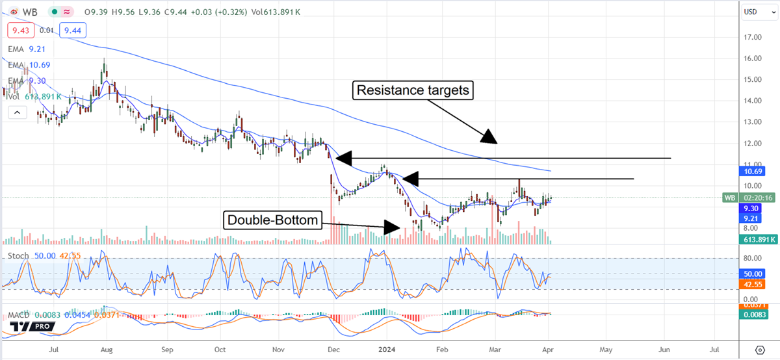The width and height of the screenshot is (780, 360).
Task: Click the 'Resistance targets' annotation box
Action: (x=412, y=90)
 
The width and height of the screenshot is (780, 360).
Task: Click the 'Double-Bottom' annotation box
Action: (x=272, y=220)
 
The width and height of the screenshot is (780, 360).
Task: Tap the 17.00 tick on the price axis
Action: (x=753, y=37)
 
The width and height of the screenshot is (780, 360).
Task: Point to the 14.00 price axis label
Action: (x=753, y=101)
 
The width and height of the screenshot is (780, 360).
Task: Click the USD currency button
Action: (x=752, y=11)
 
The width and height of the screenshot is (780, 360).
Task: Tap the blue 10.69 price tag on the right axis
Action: (x=752, y=172)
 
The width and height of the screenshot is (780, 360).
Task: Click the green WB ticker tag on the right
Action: (x=730, y=197)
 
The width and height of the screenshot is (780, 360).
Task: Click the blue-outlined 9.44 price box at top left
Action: (x=72, y=30)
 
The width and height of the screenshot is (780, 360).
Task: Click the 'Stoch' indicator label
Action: (x=18, y=256)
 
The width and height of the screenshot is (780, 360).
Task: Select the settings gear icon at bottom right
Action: (x=759, y=349)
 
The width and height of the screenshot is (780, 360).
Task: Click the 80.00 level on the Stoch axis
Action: (x=751, y=258)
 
